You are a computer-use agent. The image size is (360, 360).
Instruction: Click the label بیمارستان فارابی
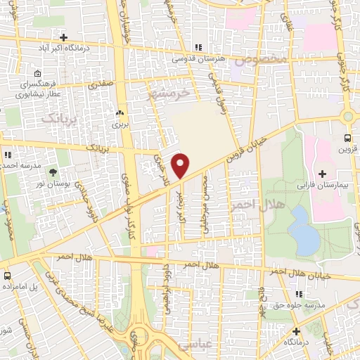coord(323,186)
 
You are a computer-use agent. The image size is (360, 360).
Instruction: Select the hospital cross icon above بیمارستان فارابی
coord(323,173)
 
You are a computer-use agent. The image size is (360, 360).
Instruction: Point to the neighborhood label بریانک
coord(56,120)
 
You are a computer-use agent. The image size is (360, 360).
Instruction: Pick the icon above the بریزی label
coord(118,112)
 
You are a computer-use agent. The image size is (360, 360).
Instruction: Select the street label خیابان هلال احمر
coord(311,273)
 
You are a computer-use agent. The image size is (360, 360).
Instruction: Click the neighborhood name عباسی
coord(195,346)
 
